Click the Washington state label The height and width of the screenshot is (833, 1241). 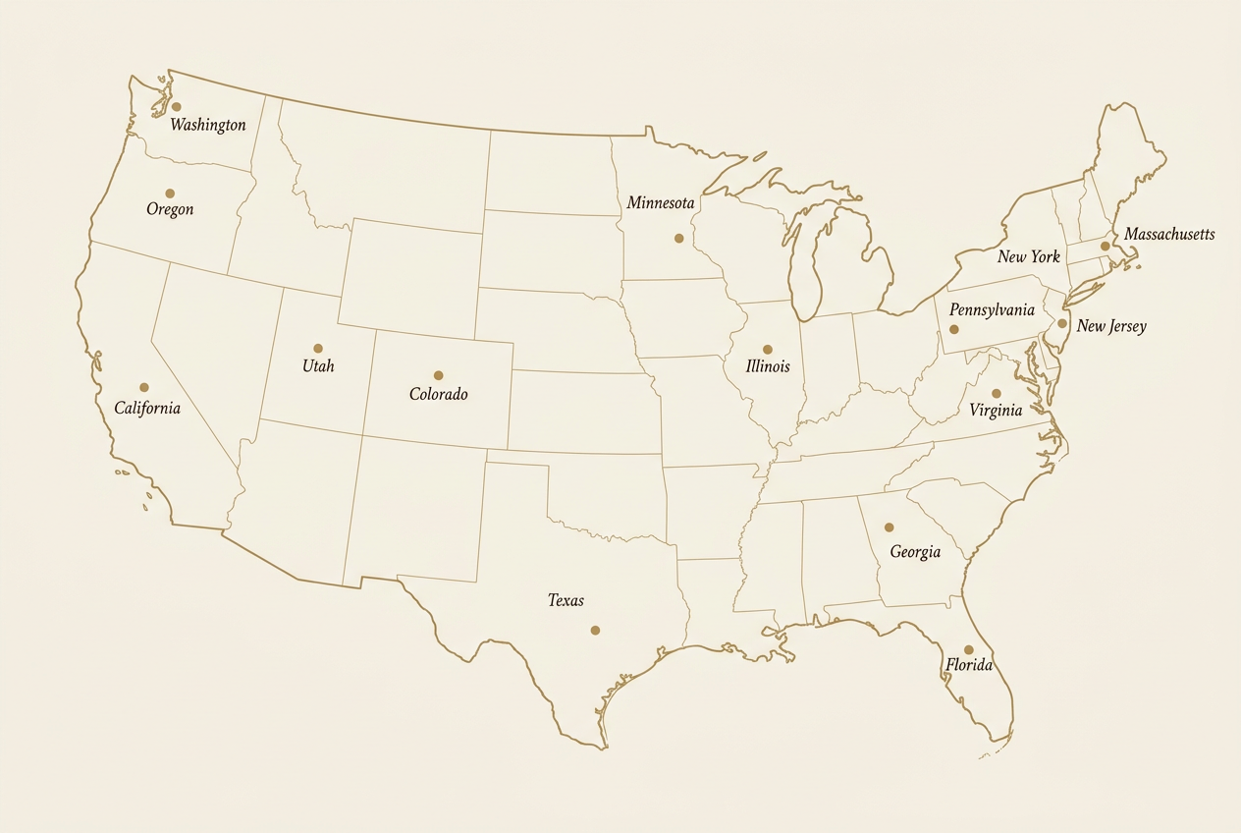207,125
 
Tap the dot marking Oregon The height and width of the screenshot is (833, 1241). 170,194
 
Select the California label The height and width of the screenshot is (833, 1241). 147,408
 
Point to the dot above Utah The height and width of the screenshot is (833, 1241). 318,349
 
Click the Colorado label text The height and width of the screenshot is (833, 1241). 438,394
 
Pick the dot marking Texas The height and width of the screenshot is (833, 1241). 595,631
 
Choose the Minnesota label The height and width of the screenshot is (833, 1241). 661,203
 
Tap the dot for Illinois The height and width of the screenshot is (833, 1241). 768,350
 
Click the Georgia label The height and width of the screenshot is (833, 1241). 915,552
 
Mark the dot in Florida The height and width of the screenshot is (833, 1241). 968,649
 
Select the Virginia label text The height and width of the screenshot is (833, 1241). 996,411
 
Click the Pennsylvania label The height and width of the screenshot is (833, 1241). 992,310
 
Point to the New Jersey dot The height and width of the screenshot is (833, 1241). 1062,323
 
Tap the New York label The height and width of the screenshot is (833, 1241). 1029,257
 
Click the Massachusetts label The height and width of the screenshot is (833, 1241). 1169,235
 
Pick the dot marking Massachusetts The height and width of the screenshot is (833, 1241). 1105,247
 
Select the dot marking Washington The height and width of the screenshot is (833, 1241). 176,106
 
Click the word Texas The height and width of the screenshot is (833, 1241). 566,600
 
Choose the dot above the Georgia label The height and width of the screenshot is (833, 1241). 890,528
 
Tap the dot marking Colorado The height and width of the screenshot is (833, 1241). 438,375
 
